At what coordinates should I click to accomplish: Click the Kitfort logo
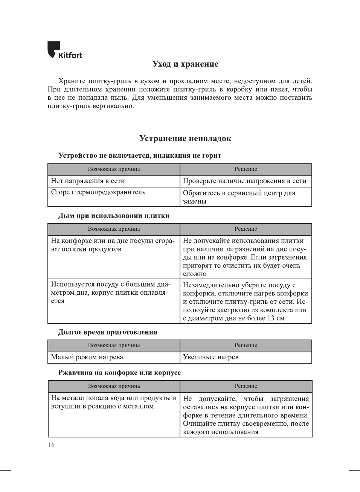click(64, 50)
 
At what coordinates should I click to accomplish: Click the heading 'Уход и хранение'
click(185, 64)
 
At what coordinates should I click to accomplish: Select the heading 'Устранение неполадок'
click(185, 139)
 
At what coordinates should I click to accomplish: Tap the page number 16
click(51, 445)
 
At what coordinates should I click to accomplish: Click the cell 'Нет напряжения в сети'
click(88, 181)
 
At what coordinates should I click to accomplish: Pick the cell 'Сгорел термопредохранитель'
click(98, 192)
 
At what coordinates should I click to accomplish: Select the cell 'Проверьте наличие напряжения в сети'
click(245, 181)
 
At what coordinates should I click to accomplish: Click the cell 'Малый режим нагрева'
click(87, 357)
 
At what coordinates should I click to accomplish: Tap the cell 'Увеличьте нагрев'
click(211, 357)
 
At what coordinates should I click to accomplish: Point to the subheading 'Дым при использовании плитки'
click(114, 216)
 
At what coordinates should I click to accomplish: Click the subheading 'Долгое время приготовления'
click(108, 332)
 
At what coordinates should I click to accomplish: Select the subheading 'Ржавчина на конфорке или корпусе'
click(119, 373)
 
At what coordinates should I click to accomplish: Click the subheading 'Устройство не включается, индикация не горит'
click(140, 156)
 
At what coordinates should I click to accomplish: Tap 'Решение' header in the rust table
click(246, 386)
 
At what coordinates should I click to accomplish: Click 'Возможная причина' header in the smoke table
click(114, 229)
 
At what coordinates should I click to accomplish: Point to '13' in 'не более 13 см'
click(271, 318)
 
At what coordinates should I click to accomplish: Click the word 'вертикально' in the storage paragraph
click(113, 106)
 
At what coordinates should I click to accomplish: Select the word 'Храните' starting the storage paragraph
click(72, 81)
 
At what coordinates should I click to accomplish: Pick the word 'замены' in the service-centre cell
click(195, 201)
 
